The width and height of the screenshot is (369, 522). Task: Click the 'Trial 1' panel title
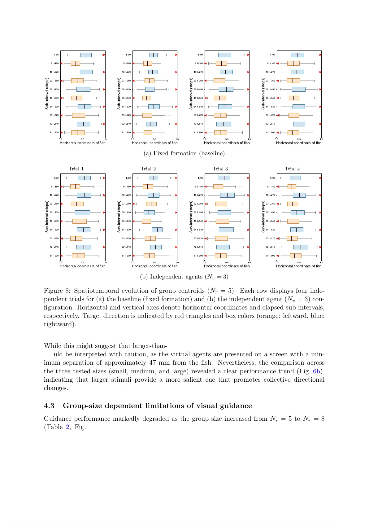pyautogui.click(x=76, y=169)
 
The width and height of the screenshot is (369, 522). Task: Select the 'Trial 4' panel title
pyautogui.click(x=292, y=169)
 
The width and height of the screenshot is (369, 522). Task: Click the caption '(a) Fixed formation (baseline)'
pyautogui.click(x=184, y=153)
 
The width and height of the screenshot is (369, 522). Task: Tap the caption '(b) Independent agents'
pyautogui.click(x=184, y=277)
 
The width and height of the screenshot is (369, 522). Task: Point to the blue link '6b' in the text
pyautogui.click(x=316, y=371)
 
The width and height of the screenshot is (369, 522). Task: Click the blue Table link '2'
pyautogui.click(x=67, y=427)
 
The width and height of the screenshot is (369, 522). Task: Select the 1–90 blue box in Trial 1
pyautogui.click(x=84, y=178)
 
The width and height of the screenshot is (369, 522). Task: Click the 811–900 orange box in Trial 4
pyautogui.click(x=295, y=256)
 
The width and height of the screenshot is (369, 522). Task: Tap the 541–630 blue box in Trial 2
pyautogui.click(x=157, y=230)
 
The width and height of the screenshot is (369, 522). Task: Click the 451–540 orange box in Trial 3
pyautogui.click(x=222, y=221)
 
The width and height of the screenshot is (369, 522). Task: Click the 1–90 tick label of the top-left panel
pyautogui.click(x=56, y=55)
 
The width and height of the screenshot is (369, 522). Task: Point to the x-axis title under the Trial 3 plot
pyautogui.click(x=227, y=266)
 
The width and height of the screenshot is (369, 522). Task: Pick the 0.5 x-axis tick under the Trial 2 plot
pyautogui.click(x=155, y=262)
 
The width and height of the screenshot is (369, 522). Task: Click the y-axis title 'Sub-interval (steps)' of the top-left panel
pyautogui.click(x=47, y=94)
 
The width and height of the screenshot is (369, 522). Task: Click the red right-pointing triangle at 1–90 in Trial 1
pyautogui.click(x=104, y=178)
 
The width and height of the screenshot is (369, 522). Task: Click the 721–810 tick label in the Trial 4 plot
pyautogui.click(x=270, y=247)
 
